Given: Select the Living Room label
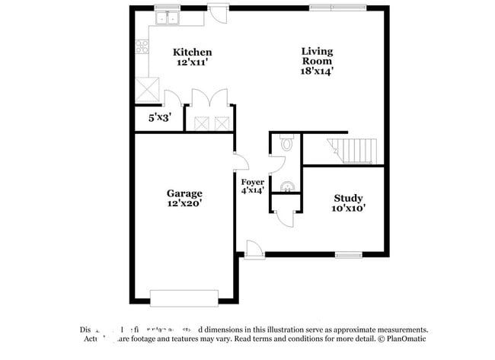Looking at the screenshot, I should tap(317, 56).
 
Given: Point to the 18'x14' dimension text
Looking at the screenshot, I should tap(317, 71).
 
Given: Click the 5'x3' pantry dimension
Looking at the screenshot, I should tap(158, 119).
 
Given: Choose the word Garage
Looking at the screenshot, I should tap(184, 193).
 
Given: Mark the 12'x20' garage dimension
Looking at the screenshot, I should tap(184, 203).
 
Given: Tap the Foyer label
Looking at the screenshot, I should tap(252, 182).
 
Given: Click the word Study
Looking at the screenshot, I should tap(348, 198).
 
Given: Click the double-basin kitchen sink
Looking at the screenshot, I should tap(168, 18).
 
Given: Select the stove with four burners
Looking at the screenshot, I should tap(142, 48).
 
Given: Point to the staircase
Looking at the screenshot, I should tap(353, 151).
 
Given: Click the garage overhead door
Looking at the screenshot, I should tap(184, 297).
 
